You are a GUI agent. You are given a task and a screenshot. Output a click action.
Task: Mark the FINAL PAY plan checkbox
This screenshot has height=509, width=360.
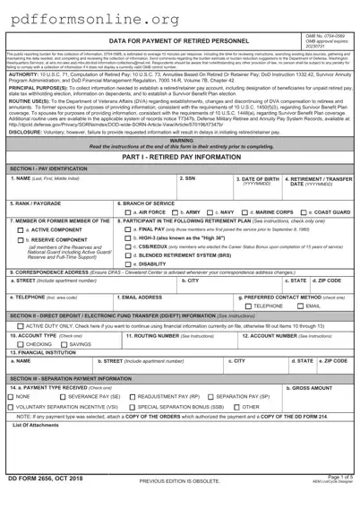[x=124, y=229]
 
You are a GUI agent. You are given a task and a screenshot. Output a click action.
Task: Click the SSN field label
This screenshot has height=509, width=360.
[x=188, y=178]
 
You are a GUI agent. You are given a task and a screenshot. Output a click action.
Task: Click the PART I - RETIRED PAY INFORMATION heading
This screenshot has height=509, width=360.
[x=180, y=157]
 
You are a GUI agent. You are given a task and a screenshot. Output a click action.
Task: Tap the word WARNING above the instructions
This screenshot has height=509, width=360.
[x=180, y=141]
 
